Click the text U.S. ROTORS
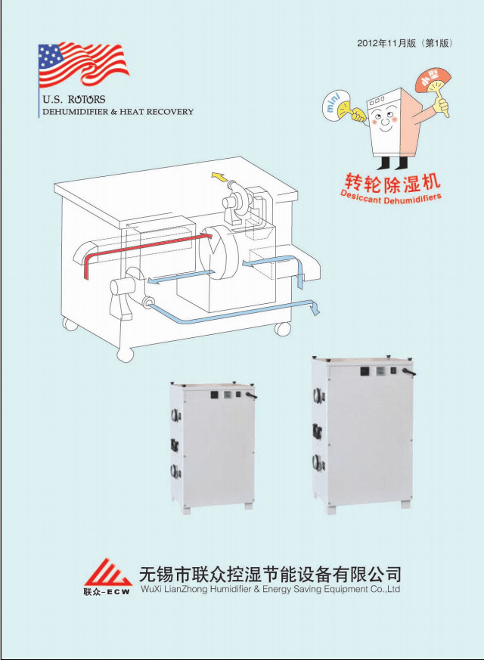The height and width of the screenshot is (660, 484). pos(74,99)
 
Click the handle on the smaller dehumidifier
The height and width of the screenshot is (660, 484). pos(251,395)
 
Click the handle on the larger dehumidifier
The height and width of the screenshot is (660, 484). pos(408,373)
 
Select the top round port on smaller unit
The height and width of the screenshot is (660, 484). pos(175,415)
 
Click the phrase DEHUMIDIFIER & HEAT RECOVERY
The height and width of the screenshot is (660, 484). pos(117,112)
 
